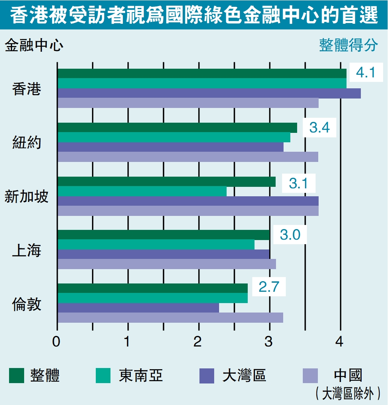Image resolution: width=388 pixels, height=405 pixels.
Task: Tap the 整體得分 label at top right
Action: point(348,45)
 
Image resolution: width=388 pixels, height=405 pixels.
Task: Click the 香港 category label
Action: point(27,89)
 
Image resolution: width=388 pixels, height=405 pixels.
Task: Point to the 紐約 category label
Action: point(27,143)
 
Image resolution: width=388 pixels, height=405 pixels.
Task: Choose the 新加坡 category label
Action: point(27,197)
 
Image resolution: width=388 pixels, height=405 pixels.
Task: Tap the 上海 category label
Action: point(27,250)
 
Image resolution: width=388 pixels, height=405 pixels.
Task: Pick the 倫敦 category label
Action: point(27,304)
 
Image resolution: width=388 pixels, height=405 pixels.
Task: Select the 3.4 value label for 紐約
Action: point(319,128)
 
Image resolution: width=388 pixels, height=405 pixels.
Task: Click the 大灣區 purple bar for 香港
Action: point(209,93)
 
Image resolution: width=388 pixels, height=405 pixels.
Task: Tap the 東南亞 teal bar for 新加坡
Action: point(142,191)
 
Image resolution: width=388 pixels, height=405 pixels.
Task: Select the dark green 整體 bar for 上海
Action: point(163,235)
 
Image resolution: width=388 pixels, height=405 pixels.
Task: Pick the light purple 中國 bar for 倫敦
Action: point(170,318)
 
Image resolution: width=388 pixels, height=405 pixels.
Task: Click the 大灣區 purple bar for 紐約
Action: point(170,147)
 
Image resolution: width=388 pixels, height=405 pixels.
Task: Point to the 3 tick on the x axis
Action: point(269,342)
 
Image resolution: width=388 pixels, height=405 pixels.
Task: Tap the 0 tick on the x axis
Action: point(57,342)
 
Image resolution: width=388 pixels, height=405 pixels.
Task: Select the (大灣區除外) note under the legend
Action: point(347,393)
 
